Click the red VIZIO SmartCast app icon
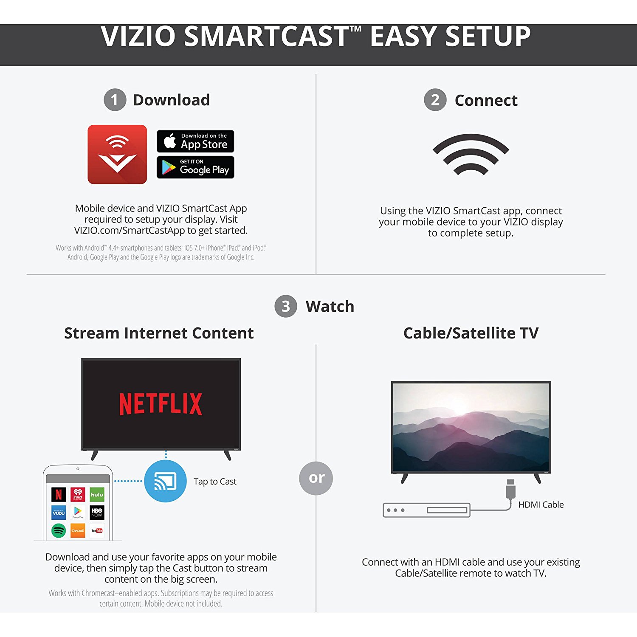117,154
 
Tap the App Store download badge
195,141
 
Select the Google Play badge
195,167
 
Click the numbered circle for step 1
115,100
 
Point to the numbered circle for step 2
435,100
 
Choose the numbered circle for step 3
286,306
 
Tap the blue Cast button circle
165,481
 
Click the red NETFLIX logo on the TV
161,404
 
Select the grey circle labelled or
316,478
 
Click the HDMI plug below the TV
510,489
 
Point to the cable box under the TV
426,510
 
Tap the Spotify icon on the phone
59,530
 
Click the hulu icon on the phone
97,494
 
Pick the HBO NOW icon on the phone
97,513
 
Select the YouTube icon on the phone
97,530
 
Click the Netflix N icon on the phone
59,494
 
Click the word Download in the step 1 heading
172,100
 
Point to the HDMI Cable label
541,505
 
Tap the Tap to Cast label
215,482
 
